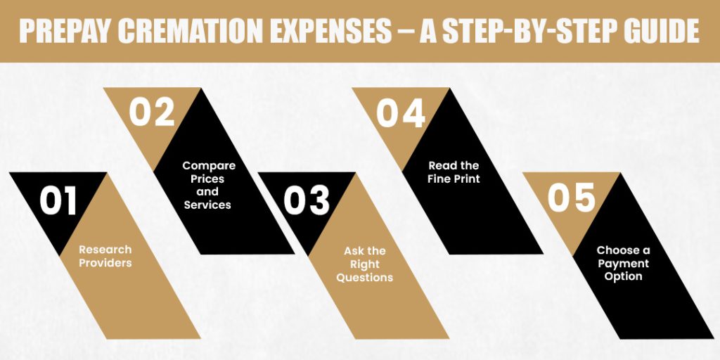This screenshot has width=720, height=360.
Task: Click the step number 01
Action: (x=58, y=200)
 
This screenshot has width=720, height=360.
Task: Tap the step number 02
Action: (x=151, y=113)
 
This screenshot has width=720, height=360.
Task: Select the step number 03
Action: (x=307, y=200)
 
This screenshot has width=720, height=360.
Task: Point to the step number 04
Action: (x=401, y=113)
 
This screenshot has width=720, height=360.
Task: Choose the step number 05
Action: (x=572, y=198)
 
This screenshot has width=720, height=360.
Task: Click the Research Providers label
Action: (x=105, y=256)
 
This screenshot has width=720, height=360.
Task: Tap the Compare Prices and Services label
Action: (x=208, y=185)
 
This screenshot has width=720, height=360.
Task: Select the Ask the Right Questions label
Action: (x=364, y=264)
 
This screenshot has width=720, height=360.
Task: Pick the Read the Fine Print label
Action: (x=454, y=172)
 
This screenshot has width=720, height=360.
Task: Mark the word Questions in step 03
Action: (x=364, y=277)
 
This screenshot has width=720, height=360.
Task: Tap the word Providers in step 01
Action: (x=105, y=263)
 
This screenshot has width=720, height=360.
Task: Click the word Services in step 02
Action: (x=208, y=205)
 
